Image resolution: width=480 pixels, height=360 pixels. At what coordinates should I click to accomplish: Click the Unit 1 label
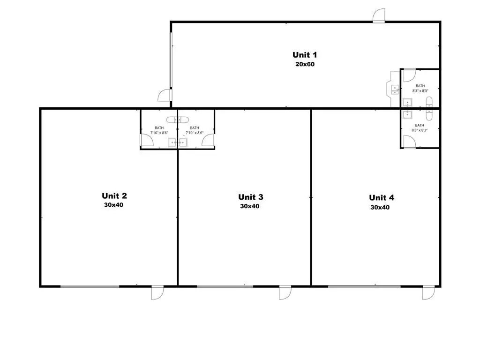305,55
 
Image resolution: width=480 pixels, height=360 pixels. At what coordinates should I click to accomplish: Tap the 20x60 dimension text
305,64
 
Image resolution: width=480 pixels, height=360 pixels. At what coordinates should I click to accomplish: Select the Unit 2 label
114,196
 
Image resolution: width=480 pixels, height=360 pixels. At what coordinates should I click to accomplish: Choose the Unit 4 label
381,197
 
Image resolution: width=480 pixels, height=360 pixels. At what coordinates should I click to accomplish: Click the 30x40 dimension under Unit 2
114,205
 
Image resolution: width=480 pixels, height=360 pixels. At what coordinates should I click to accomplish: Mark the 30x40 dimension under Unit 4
380,207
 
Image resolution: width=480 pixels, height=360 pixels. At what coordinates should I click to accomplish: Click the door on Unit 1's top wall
379,15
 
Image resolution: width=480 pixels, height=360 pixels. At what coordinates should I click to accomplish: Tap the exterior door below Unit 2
157,292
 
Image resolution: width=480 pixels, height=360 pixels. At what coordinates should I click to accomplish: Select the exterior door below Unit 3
285,292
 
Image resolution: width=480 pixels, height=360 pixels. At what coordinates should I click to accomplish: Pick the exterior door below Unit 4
428,292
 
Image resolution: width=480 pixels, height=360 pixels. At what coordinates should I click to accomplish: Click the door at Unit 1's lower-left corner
165,95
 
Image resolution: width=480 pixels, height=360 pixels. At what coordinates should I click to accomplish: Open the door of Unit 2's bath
147,140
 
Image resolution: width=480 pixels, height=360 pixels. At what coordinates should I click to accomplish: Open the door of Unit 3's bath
209,140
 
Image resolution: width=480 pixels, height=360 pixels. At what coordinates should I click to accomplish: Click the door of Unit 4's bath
409,142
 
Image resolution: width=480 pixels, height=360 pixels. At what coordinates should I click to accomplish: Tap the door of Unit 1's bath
408,75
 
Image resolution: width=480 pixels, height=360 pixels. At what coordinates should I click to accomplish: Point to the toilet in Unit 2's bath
172,120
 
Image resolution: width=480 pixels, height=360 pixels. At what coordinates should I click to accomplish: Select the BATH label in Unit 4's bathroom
419,125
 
